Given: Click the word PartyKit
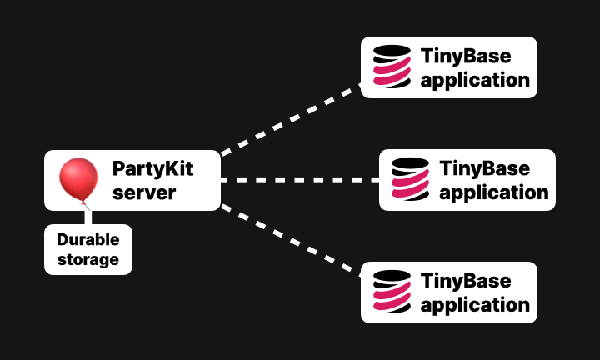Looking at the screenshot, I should (152, 169).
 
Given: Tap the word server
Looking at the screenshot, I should (144, 192).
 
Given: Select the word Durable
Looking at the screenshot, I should (88, 239).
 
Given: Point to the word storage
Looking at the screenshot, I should (88, 259).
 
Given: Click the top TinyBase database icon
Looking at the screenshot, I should (392, 67).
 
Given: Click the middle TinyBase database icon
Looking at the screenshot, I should (410, 180).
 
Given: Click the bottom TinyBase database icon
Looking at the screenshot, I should (392, 292).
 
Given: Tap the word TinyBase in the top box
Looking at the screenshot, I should (466, 57).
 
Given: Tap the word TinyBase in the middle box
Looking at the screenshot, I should (484, 168).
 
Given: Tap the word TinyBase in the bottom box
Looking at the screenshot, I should (466, 281).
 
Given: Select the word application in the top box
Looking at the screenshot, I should (476, 80).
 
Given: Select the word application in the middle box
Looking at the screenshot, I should (494, 192).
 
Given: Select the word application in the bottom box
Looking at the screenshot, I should (476, 305).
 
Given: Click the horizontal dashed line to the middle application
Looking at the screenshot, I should (300, 180).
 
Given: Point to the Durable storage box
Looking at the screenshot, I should (88, 249).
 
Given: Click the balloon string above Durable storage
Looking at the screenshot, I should (87, 215).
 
